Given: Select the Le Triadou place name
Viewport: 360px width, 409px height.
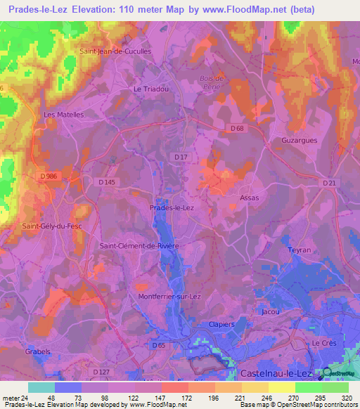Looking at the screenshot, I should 150,89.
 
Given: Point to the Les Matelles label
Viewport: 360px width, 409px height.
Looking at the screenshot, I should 63,115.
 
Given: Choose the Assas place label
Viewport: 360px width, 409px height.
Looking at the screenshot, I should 250,197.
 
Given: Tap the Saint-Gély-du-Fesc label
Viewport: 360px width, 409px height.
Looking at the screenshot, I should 52,226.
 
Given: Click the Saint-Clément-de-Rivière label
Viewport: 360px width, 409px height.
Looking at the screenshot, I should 140,245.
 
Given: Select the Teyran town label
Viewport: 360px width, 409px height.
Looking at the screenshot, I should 299,249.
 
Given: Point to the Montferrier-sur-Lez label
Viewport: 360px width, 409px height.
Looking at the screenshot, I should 169,297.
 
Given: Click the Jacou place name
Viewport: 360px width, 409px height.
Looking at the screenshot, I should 270,311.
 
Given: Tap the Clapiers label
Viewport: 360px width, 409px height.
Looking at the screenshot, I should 221,324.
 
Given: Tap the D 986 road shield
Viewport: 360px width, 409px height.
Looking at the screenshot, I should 49,175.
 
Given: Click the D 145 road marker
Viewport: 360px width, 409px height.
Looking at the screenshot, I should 106,182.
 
